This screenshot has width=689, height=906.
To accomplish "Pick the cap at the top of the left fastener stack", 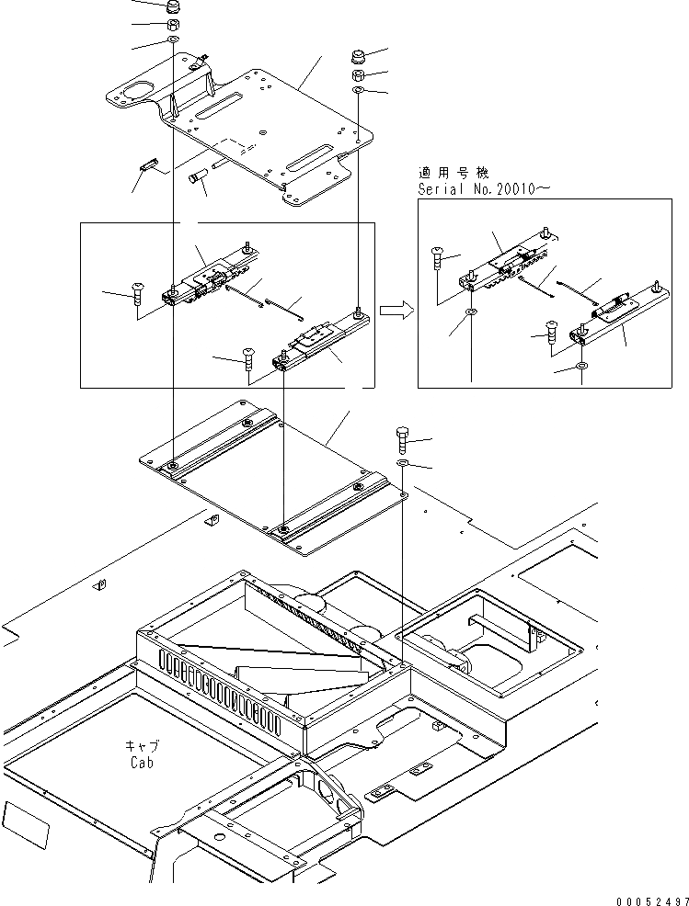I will (x=172, y=7).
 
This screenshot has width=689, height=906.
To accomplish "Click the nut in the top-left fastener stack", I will (x=173, y=26).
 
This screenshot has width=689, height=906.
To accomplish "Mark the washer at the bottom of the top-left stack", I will (x=173, y=41).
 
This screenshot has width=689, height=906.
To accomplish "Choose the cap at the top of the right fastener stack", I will (x=360, y=57).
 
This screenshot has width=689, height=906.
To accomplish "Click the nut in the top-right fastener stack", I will (x=360, y=75).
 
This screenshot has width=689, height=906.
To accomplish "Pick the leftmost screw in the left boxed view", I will (x=138, y=291).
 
